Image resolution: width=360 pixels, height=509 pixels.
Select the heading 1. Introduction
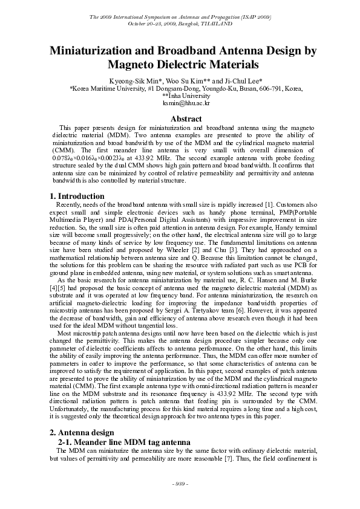click(77, 196)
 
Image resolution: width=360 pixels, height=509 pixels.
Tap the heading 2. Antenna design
click(81, 432)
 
